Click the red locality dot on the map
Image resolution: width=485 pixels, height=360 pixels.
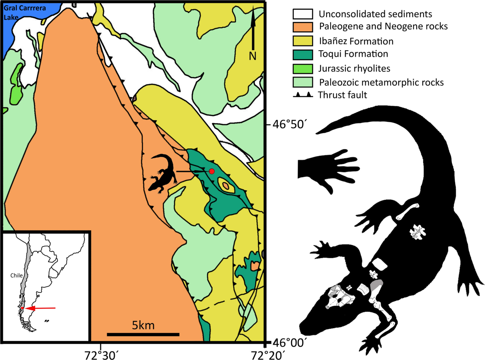pyautogui.click(x=211, y=172)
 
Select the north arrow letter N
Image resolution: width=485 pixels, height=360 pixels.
pyautogui.click(x=253, y=56)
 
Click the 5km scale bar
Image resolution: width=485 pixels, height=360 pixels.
pyautogui.click(x=143, y=334)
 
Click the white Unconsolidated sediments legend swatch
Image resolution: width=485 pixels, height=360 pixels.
pyautogui.click(x=303, y=14)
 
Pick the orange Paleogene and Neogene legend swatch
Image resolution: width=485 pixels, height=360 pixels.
pyautogui.click(x=303, y=27)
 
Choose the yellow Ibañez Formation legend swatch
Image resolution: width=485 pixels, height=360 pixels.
pyautogui.click(x=303, y=41)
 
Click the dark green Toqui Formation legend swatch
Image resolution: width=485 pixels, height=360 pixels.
pyautogui.click(x=303, y=54)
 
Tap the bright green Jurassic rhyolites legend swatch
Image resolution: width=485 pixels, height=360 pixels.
pyautogui.click(x=303, y=68)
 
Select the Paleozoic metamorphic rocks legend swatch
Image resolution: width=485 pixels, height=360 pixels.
pyautogui.click(x=303, y=82)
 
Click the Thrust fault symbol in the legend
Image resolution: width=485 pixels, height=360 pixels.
pyautogui.click(x=303, y=95)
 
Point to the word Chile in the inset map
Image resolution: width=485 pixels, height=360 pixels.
pyautogui.click(x=16, y=276)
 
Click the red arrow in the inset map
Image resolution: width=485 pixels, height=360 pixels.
pyautogui.click(x=40, y=308)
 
